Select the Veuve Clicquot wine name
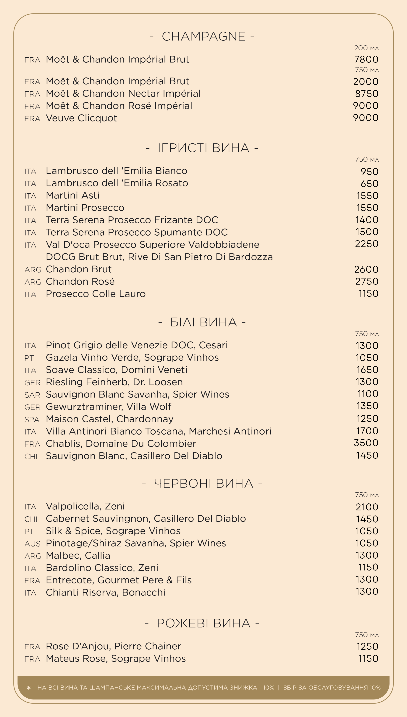[x=81, y=118]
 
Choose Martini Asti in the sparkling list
[x=73, y=195]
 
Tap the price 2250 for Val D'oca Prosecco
[x=366, y=244]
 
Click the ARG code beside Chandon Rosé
[x=33, y=282]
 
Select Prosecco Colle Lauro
[x=96, y=294]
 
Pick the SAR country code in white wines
[x=32, y=395]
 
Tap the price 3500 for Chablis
[x=366, y=443]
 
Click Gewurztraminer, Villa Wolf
[x=109, y=407]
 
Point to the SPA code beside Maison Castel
[x=32, y=420]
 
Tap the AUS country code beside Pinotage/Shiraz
[x=32, y=544]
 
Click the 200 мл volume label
[x=366, y=48]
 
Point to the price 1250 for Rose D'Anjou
[x=367, y=647]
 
